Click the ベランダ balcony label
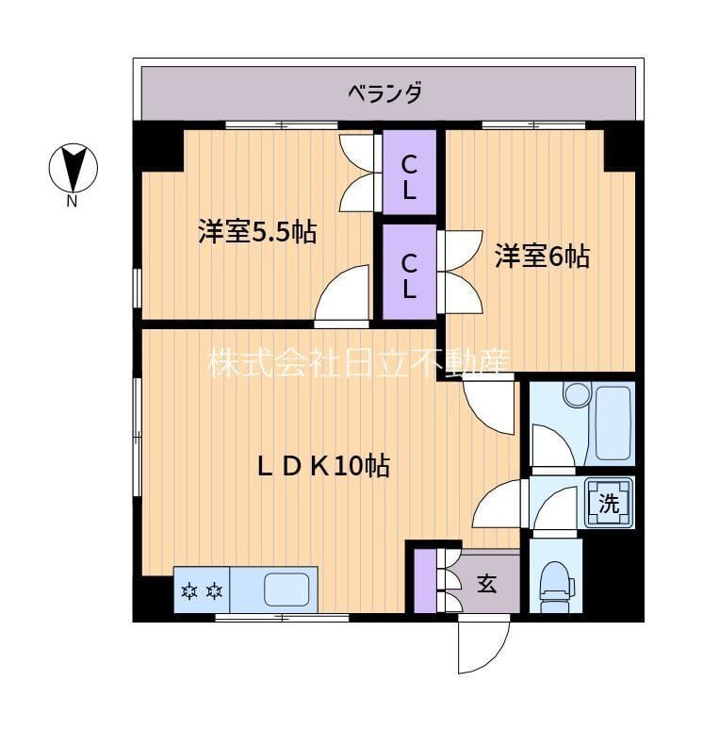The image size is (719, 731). [x=384, y=93]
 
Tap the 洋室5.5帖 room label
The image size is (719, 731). [x=256, y=232]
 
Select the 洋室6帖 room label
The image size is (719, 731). [x=543, y=256]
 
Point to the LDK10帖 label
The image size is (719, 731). [x=325, y=465]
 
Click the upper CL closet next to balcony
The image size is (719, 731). [x=409, y=176]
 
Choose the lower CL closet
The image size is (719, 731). [x=409, y=274]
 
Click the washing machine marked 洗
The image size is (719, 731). [x=610, y=502]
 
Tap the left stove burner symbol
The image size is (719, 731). [x=189, y=591]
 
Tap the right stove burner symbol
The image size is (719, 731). [x=215, y=591]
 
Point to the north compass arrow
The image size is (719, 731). [x=73, y=168]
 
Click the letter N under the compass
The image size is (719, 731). [x=72, y=201]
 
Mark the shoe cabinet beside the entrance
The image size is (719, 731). [x=426, y=581]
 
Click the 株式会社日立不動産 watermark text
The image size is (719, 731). [x=359, y=361]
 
